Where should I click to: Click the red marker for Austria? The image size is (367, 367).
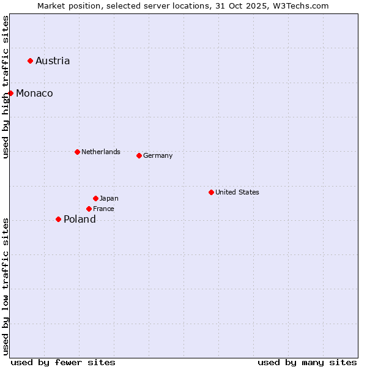pyautogui.click(x=30, y=61)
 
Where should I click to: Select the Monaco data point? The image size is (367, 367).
pyautogui.click(x=11, y=93)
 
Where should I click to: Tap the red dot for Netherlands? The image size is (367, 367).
pyautogui.click(x=77, y=152)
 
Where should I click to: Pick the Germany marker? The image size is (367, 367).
pyautogui.click(x=139, y=155)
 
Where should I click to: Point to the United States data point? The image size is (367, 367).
pyautogui.click(x=211, y=192)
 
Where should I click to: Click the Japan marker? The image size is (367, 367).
pyautogui.click(x=95, y=198)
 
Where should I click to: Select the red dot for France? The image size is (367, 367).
pyautogui.click(x=89, y=209)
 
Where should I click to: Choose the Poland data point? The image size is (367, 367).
pyautogui.click(x=58, y=219)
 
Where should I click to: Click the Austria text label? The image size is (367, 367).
pyautogui.click(x=53, y=61)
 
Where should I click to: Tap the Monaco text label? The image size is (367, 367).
pyautogui.click(x=34, y=93)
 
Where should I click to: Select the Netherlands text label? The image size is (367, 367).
pyautogui.click(x=101, y=152)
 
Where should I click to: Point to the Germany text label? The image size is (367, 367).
pyautogui.click(x=158, y=155)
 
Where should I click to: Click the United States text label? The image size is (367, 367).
pyautogui.click(x=237, y=192)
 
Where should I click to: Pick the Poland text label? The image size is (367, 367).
pyautogui.click(x=80, y=219)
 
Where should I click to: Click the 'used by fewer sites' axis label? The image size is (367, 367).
pyautogui.click(x=63, y=362)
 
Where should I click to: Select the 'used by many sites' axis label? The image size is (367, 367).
pyautogui.click(x=307, y=362)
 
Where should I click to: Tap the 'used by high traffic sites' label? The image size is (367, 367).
pyautogui.click(x=6, y=87)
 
